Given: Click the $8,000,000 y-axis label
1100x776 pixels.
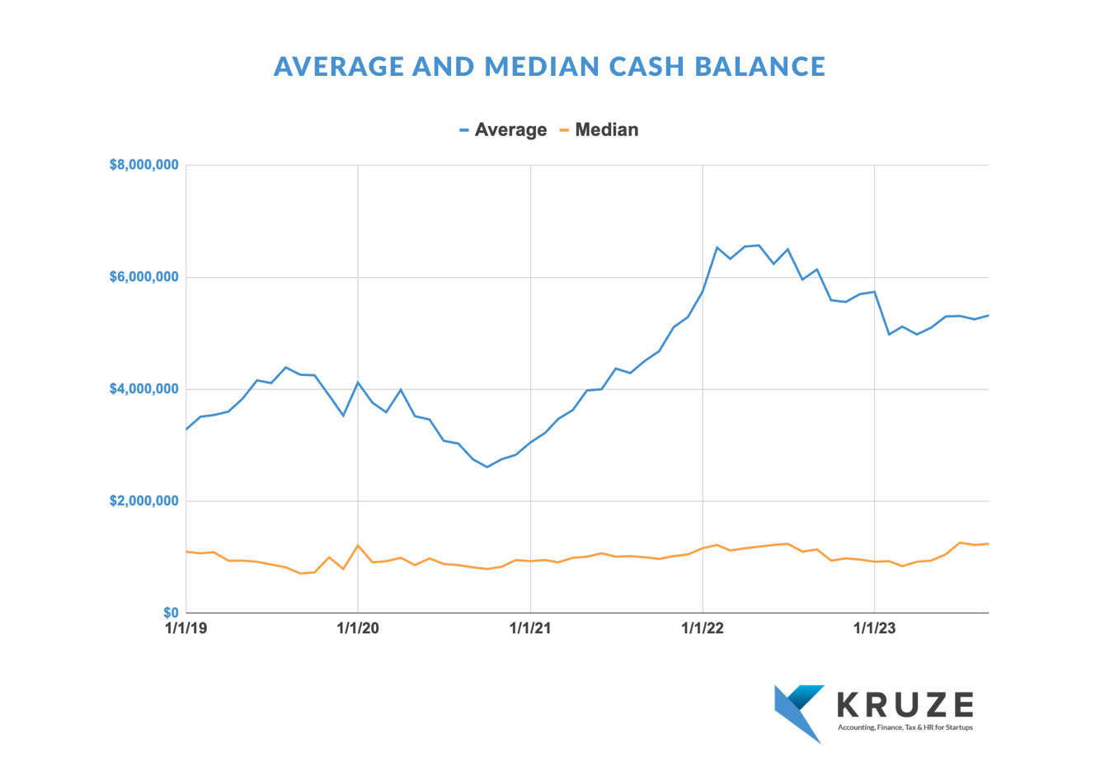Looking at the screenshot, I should (x=144, y=165).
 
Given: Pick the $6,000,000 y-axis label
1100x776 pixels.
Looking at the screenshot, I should (x=144, y=277).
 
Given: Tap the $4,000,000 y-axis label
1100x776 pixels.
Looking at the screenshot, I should (x=144, y=389).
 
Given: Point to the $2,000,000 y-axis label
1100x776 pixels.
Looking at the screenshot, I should (x=144, y=501).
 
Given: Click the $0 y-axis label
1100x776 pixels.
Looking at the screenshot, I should (x=171, y=613).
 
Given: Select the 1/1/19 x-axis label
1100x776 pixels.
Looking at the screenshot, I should (x=187, y=628).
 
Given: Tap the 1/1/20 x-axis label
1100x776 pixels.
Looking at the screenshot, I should (x=358, y=628).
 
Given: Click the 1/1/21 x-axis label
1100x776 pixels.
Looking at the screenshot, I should (x=530, y=628).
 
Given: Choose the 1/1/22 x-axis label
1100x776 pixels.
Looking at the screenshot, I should (x=703, y=628).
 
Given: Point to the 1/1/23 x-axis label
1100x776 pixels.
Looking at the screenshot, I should (x=874, y=628).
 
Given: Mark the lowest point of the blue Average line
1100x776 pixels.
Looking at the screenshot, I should (x=487, y=467).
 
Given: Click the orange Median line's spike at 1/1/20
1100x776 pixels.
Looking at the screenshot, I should (x=358, y=545).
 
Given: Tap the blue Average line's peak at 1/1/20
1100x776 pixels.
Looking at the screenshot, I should (x=358, y=383).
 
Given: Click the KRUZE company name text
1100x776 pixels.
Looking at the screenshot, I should (x=905, y=705).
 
